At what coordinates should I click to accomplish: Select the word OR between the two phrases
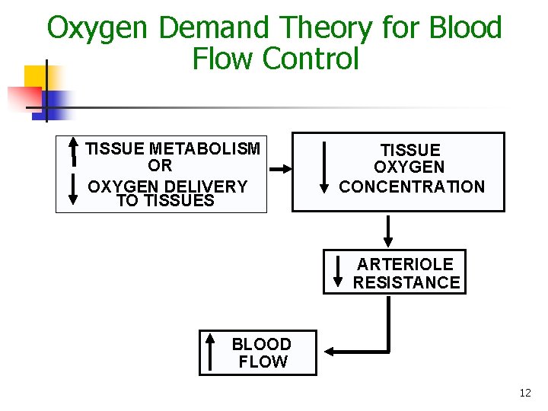[x=160, y=166]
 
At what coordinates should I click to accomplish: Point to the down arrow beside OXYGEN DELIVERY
[x=73, y=189]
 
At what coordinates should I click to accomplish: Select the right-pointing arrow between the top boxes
[x=279, y=169]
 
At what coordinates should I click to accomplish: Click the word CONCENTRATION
[x=411, y=186]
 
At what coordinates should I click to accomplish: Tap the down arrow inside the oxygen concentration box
[x=324, y=167]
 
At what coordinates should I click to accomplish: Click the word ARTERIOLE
[x=405, y=264]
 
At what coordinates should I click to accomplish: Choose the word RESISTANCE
[x=406, y=282]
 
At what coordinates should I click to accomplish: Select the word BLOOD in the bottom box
[x=261, y=344]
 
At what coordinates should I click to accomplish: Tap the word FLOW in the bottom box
[x=263, y=362]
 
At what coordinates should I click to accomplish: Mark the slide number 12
[x=524, y=393]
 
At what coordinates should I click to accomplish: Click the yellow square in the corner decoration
[x=35, y=76]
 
